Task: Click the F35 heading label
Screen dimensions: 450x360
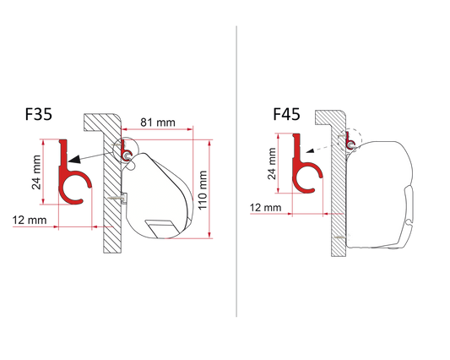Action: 39,114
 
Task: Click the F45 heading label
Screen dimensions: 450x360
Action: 286,114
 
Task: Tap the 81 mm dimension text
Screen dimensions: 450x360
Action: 158,123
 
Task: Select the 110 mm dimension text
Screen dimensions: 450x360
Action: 203,190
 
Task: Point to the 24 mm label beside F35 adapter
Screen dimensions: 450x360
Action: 36,172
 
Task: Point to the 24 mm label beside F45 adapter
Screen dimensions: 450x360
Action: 272,163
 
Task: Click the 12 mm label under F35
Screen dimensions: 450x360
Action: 30,220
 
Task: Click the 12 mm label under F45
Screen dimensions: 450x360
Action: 265,207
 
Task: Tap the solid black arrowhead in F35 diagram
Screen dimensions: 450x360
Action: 74,159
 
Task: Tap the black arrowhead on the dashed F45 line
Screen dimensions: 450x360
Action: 309,150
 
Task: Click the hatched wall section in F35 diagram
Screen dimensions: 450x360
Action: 112,189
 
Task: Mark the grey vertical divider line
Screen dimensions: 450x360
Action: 236,172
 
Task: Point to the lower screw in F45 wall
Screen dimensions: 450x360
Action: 340,237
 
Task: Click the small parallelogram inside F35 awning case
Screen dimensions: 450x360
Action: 161,229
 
